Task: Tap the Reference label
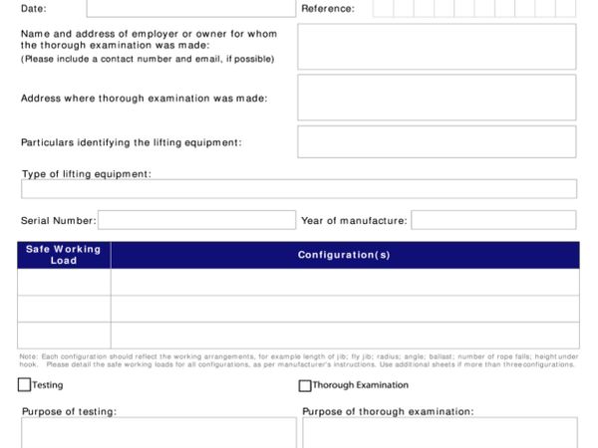[x=327, y=9]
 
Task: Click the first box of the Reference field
[x=382, y=9]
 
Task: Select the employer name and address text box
[x=437, y=46]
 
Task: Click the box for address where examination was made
[x=437, y=97]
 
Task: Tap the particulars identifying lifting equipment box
[x=437, y=141]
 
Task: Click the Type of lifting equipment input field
[x=299, y=189]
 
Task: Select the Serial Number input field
[x=196, y=220]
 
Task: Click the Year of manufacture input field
[x=493, y=220]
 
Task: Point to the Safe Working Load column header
[x=64, y=255]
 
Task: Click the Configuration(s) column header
[x=344, y=255]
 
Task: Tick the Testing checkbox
[x=24, y=385]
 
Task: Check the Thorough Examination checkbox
[x=305, y=385]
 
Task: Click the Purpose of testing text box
[x=158, y=433]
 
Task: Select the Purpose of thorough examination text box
[x=440, y=433]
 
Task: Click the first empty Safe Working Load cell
[x=64, y=283]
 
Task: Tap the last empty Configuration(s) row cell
[x=344, y=336]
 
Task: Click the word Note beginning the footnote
[x=27, y=356]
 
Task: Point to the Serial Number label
[x=58, y=221]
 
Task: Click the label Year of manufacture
[x=354, y=221]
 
